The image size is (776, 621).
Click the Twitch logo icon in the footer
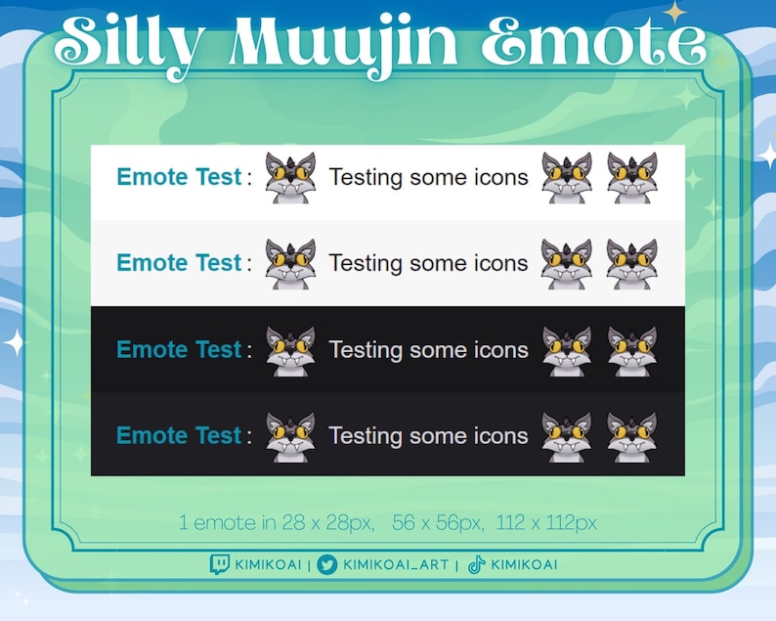(220, 564)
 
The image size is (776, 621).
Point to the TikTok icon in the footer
(476, 564)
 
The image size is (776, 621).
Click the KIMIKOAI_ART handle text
(396, 564)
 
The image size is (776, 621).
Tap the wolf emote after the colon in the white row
(290, 178)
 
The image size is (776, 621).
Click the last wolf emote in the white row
(631, 178)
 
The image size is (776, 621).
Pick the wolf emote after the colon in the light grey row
(290, 264)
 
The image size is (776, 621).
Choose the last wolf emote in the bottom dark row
(631, 436)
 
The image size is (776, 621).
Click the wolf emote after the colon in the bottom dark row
(290, 436)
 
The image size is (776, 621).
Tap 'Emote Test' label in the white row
(178, 177)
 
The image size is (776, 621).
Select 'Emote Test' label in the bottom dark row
(178, 435)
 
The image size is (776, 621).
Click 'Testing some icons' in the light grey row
(428, 263)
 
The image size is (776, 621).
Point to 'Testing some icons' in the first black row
(428, 349)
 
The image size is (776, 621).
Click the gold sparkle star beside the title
(675, 12)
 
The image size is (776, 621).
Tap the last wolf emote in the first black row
(631, 350)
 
